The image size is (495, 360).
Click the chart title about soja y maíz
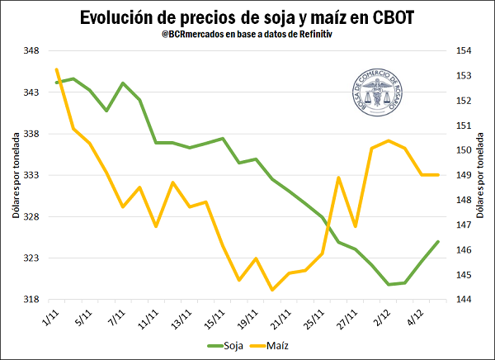point(247,17)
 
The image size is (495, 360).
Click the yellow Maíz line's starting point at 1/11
point(56,69)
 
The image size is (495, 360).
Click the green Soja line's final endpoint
point(438,242)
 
